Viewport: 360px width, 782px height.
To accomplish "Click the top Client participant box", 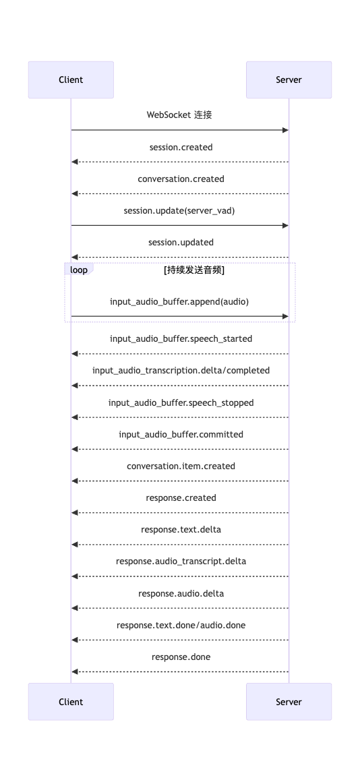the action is (71, 80).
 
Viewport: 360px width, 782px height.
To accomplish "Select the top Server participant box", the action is (289, 80).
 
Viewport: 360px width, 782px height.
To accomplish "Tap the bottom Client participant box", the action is (71, 702).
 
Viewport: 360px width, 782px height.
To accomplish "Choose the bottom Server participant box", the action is (289, 702).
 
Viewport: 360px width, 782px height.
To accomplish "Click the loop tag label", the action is (79, 270).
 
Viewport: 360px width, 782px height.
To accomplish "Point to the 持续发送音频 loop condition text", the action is (194, 270).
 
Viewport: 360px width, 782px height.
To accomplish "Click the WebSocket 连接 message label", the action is (179, 115).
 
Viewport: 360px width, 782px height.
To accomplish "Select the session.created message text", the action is (181, 147).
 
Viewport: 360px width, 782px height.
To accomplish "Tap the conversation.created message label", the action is (181, 179).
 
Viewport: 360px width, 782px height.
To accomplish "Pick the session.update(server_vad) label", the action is (179, 211).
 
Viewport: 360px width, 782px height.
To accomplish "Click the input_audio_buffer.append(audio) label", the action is (179, 302).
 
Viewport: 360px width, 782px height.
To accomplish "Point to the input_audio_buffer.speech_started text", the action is (181, 339).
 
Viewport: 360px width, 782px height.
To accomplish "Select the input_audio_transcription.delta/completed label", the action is (181, 371).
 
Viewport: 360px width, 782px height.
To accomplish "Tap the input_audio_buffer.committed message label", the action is (181, 434).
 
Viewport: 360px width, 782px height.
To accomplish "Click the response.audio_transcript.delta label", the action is (181, 562).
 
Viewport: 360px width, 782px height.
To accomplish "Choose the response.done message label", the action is (181, 657).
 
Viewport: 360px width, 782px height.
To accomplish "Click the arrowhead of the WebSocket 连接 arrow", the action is (286, 130).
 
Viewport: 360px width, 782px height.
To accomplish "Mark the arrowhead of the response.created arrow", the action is (74, 513).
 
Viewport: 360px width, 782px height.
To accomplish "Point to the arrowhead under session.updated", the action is (74, 258).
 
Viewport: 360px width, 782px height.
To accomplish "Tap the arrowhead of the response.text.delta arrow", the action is (74, 545).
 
